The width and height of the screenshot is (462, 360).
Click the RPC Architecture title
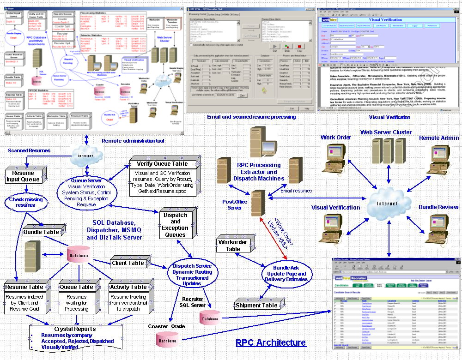(271, 342)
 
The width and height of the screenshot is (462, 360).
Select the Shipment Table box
(256, 305)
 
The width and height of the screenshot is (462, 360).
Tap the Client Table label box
(128, 263)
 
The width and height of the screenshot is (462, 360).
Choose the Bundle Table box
(42, 232)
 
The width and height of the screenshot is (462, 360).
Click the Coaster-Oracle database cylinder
(166, 341)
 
